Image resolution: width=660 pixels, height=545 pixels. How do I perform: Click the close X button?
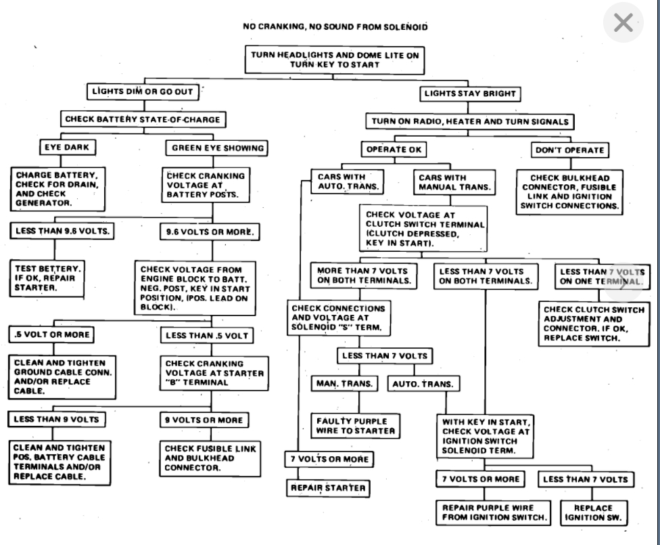[x=622, y=24]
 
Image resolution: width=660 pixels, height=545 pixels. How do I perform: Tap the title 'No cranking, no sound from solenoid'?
[x=335, y=27]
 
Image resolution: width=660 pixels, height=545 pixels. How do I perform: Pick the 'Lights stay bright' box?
[x=470, y=93]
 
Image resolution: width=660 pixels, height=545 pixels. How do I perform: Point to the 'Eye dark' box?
[x=66, y=148]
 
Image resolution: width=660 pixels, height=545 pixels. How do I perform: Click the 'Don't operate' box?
[x=569, y=150]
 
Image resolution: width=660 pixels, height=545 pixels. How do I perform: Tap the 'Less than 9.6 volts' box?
[x=62, y=231]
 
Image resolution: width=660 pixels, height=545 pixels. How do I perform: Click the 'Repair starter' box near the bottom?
[x=328, y=487]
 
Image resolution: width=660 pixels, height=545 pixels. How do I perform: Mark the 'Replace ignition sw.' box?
[x=592, y=513]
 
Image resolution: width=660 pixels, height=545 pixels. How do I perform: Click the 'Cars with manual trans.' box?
[x=454, y=182]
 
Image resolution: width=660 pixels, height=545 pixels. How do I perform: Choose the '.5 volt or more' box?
[x=51, y=334]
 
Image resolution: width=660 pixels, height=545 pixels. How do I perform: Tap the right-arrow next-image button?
[x=622, y=284]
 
